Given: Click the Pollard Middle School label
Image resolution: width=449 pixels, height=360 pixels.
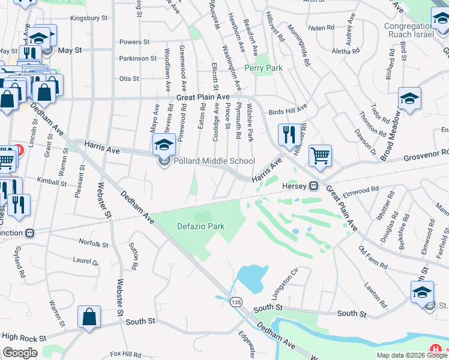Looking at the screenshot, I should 214,161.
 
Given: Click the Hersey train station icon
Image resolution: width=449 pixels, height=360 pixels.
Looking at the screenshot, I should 313,186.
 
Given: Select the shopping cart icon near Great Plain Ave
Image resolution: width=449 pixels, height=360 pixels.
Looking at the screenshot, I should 320,155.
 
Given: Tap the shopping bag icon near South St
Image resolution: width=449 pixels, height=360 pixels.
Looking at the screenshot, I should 89,317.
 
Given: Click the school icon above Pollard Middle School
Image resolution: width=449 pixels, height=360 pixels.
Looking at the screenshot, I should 163,144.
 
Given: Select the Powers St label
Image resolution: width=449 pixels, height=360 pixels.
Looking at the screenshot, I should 134,42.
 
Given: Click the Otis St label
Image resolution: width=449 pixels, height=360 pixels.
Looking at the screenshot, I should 129,79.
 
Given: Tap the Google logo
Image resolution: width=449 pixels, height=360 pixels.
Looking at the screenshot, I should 20,353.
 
